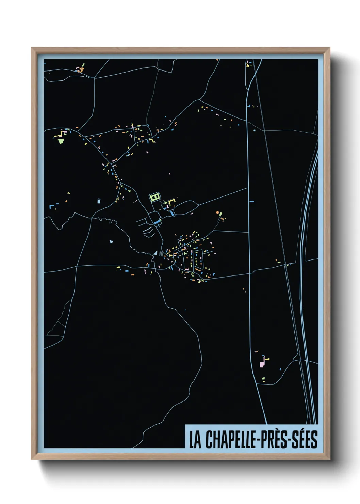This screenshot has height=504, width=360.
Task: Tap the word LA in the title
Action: point(195,440)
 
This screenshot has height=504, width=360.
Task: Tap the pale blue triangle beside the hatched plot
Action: point(156,253)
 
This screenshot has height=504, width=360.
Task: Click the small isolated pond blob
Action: point(111,242)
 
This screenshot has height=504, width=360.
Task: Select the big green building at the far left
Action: point(61,140)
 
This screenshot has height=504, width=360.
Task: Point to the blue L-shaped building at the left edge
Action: point(51,207)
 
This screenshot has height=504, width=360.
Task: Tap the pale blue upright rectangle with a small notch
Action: point(99,200)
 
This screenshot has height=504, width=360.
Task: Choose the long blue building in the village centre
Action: point(157,222)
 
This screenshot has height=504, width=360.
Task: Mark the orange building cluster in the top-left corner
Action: point(80,70)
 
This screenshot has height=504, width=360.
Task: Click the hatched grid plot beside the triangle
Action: point(161,253)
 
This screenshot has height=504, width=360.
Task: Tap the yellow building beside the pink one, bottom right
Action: point(267,359)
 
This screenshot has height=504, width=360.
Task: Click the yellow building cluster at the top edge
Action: point(249,64)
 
